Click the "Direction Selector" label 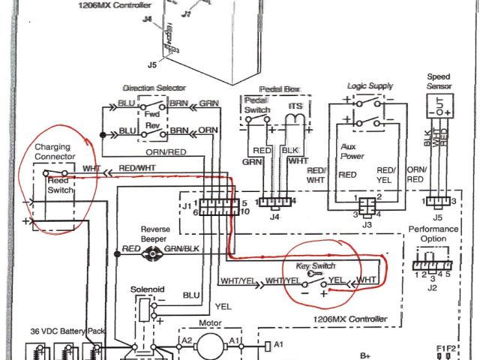click(155, 88)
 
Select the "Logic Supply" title click(369, 87)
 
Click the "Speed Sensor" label click(439, 82)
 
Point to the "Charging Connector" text click(55, 152)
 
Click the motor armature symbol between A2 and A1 click(211, 343)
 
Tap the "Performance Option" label click(433, 233)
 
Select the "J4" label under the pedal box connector click(274, 218)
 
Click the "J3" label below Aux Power click(367, 224)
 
